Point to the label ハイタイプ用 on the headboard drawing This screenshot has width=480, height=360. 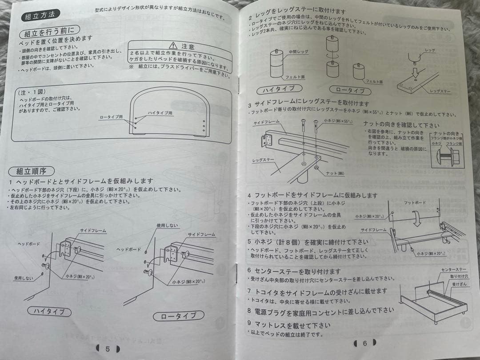(160, 113)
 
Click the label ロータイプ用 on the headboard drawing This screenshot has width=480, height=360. (111, 117)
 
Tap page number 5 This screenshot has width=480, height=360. (108, 348)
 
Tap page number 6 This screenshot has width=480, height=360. (364, 343)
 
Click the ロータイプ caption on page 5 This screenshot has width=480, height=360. (175, 316)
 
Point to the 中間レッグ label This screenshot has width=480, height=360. (298, 52)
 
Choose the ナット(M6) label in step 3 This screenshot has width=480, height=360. (335, 173)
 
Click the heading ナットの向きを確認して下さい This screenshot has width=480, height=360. (401, 125)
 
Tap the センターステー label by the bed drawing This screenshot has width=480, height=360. (454, 270)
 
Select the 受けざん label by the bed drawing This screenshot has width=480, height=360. (460, 284)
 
